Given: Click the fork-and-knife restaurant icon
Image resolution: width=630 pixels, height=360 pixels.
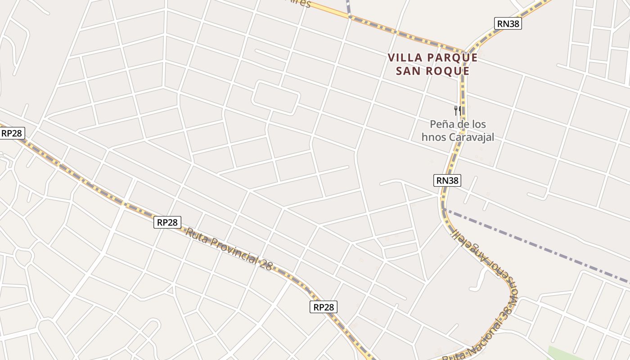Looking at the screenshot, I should [x=457, y=110].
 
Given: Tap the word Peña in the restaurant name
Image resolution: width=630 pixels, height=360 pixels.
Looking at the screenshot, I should [x=441, y=124].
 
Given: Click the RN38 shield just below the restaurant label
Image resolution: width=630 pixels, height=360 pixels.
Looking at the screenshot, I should [x=448, y=180].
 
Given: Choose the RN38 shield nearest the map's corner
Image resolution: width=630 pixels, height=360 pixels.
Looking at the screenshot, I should [x=508, y=23].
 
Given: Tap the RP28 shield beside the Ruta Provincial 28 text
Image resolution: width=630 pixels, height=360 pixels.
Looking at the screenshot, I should [x=167, y=222].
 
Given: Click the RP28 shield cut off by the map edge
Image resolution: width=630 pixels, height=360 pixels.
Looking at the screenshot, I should [x=12, y=133].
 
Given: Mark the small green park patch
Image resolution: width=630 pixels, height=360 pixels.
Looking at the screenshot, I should [x=562, y=353].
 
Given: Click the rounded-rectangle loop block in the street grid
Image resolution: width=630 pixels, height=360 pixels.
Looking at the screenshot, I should [x=276, y=97].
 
